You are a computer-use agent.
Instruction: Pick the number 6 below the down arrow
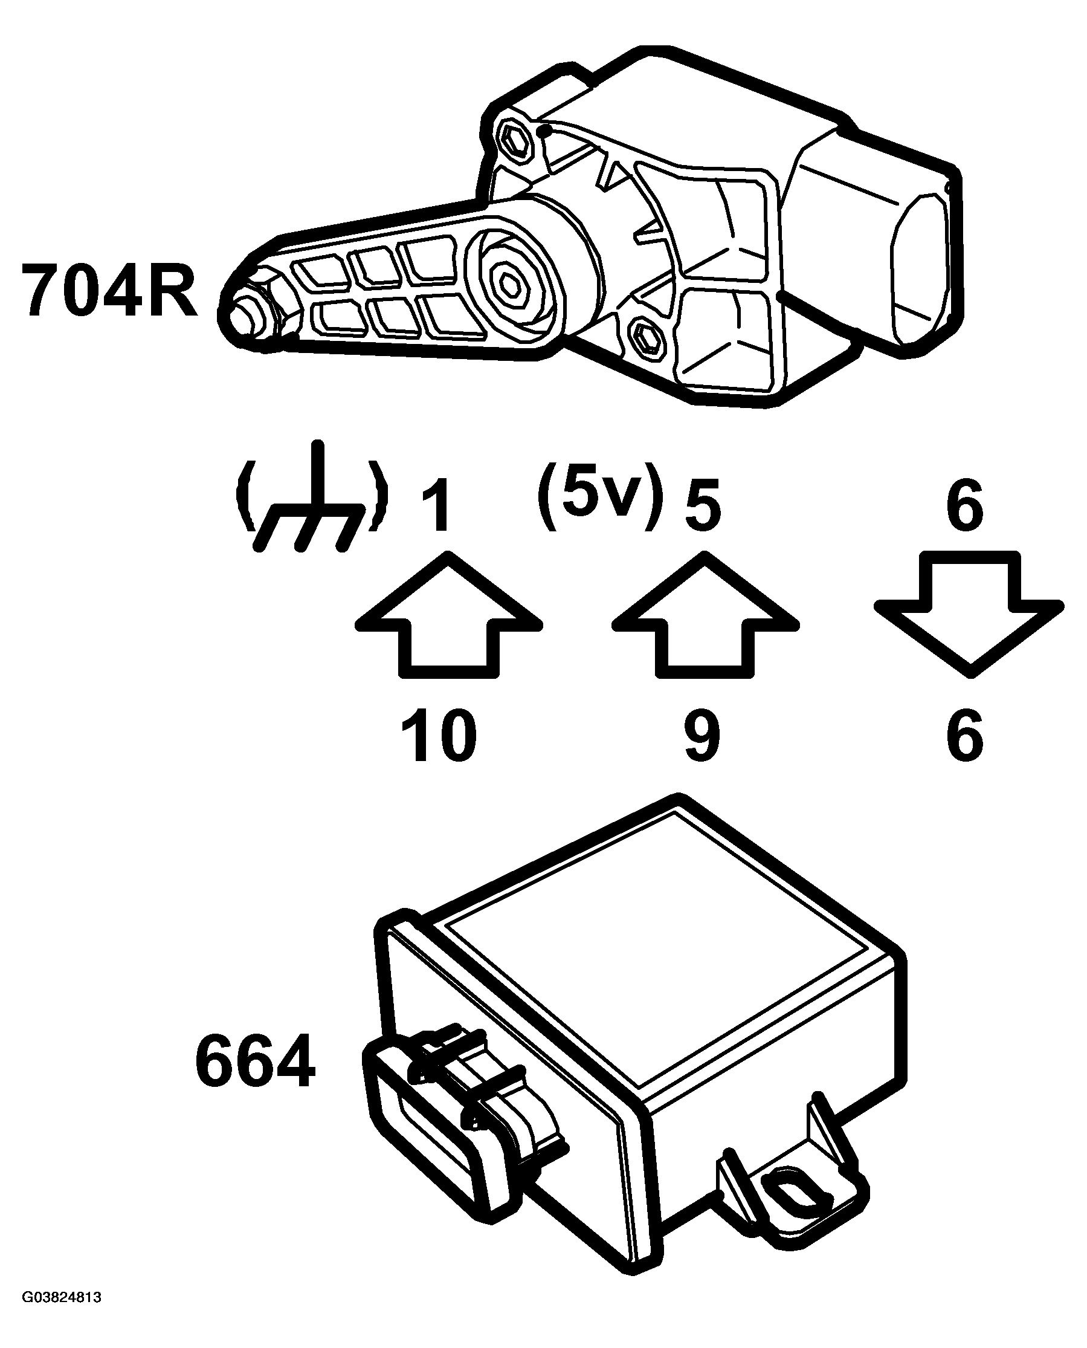[965, 736]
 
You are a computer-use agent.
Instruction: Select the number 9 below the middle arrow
[703, 736]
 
